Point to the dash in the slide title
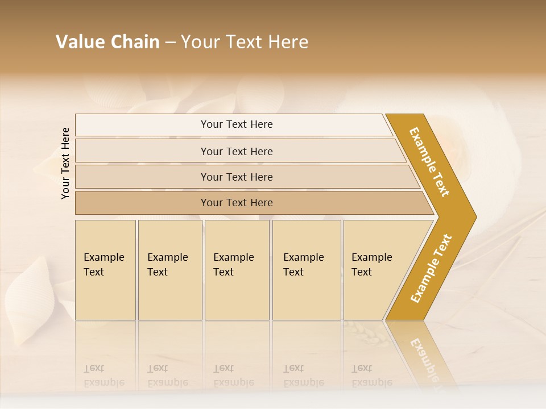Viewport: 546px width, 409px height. tap(170, 43)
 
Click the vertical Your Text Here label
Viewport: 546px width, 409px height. tap(65, 163)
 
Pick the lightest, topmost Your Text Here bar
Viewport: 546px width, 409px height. tap(236, 124)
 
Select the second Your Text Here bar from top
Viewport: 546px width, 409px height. tap(236, 151)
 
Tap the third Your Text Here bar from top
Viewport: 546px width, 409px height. tap(236, 177)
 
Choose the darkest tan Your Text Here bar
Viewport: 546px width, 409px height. tap(236, 203)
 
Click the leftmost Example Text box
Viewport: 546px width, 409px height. tap(105, 270)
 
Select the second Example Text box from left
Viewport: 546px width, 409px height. tap(169, 270)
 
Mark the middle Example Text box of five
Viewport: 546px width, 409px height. tap(237, 270)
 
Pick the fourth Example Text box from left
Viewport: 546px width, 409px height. tap(306, 270)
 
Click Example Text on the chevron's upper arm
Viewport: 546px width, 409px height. tap(429, 162)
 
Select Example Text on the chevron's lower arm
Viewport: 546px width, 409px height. tap(431, 268)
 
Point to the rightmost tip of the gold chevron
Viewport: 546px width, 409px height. tap(475, 217)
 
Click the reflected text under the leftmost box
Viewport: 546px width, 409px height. tap(104, 376)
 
